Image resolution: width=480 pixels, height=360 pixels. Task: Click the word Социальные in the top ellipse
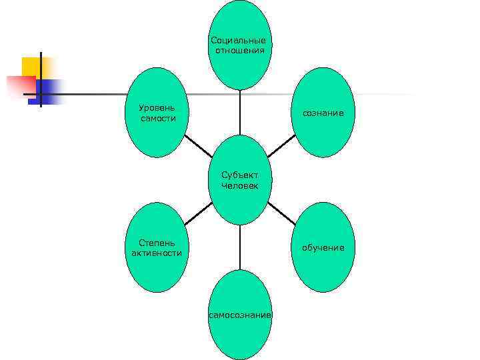pos(239,40)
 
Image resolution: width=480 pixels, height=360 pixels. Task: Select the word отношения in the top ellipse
pos(239,50)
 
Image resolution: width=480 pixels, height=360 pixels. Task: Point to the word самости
pos(158,118)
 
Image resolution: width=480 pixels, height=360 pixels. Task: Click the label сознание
pos(323,113)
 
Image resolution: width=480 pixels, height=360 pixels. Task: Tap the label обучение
pos(323,247)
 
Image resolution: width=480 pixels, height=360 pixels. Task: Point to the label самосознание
pos(240,314)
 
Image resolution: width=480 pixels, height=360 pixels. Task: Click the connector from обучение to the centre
pos(282,213)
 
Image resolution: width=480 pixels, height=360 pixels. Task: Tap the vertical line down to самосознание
pos(240,247)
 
